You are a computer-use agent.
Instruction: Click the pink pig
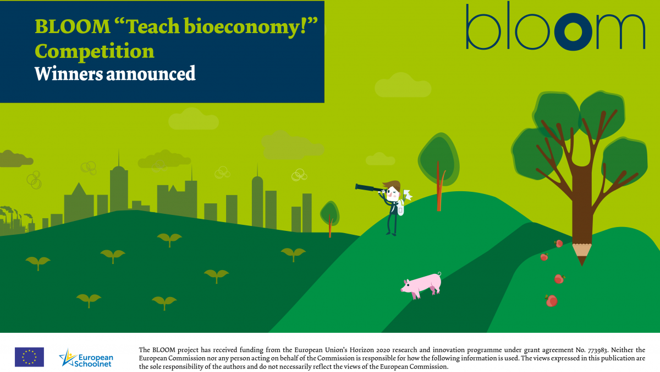[x=421, y=285]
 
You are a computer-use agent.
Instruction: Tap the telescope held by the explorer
[x=370, y=188]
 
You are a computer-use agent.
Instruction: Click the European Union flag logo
[x=30, y=357]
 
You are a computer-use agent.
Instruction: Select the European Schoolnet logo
[x=86, y=358]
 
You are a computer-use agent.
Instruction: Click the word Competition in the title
[x=95, y=51]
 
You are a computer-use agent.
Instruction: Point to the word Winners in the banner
[x=69, y=73]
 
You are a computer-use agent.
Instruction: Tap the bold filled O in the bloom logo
[x=573, y=31]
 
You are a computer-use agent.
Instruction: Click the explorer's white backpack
[x=400, y=208]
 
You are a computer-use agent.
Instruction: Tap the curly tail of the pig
[x=439, y=274]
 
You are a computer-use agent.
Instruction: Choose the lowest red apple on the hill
[x=551, y=300]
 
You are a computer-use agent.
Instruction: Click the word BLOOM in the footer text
[x=163, y=350]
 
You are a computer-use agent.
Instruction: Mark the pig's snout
[x=403, y=290]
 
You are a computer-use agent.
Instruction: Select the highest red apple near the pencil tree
[x=559, y=244]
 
